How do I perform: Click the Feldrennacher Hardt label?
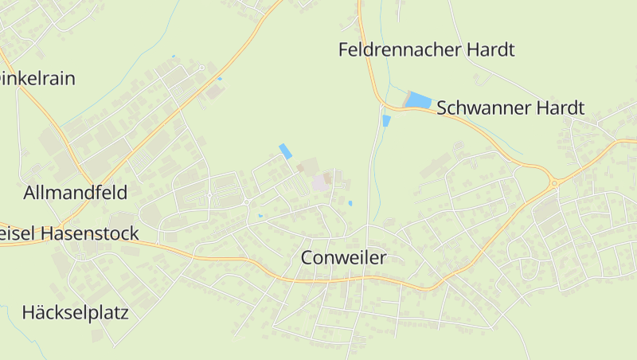426,50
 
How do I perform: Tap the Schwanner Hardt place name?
510,108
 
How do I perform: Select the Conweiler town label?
343,258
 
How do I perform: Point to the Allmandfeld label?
76,192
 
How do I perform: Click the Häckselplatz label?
76,311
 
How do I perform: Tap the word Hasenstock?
89,233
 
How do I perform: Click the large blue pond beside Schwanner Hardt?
419,100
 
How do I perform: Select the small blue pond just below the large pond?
386,121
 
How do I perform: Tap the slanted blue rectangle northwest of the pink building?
285,151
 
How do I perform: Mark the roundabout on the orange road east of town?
553,183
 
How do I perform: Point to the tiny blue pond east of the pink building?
350,203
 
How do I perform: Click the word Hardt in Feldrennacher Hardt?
489,50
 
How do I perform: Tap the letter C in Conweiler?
308,258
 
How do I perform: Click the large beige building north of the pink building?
306,166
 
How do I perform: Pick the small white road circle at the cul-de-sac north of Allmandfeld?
202,68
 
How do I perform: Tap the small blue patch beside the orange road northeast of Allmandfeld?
220,79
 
